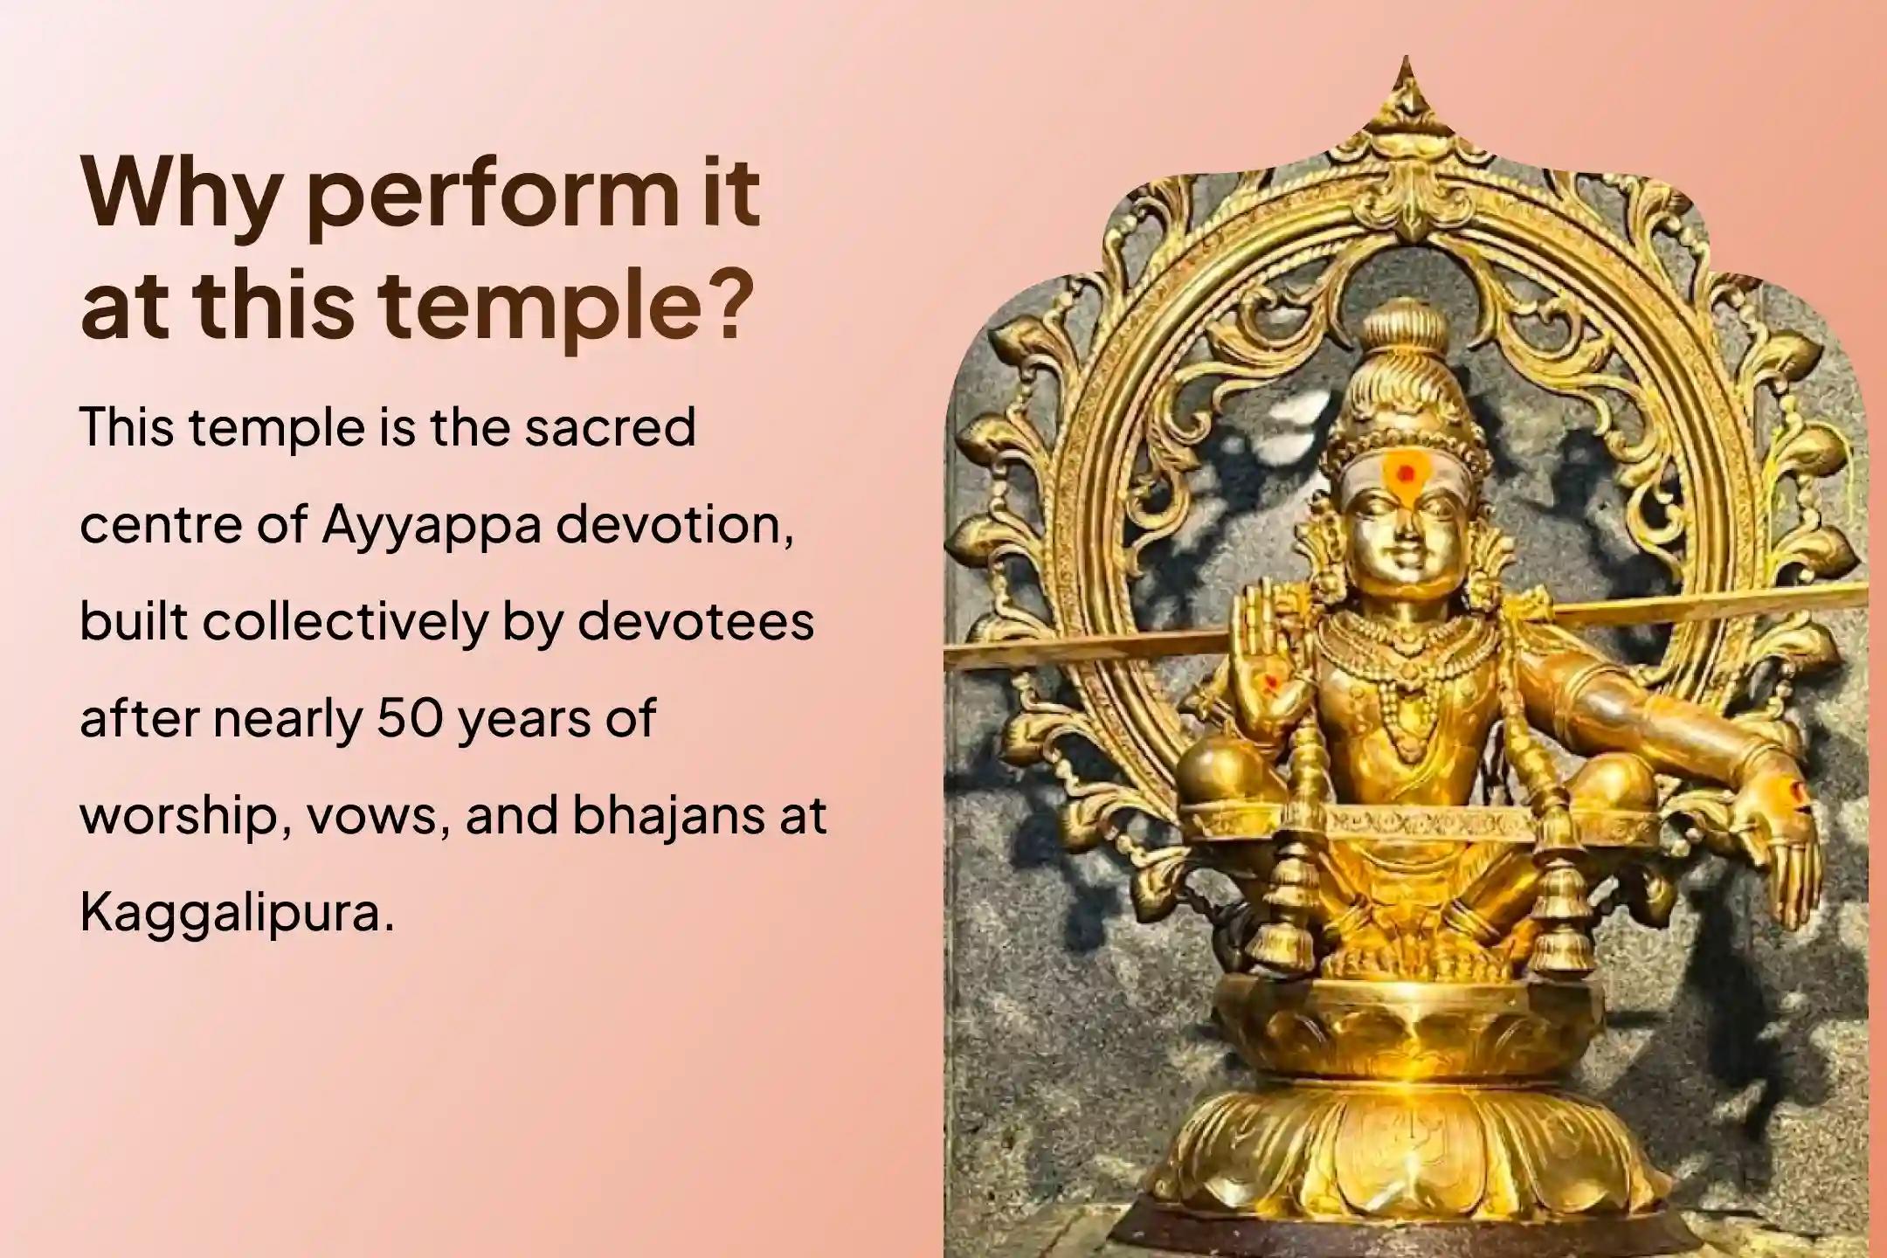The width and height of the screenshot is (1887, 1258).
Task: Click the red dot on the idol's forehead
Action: coord(1405,474)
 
